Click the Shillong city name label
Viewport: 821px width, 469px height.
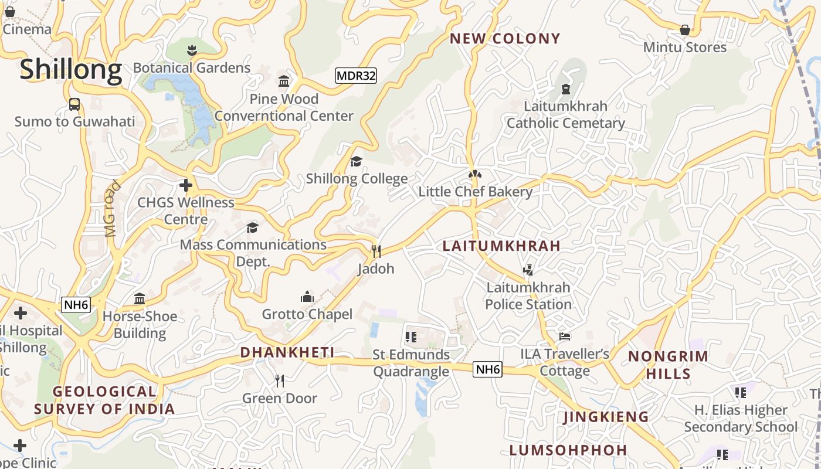point(71,70)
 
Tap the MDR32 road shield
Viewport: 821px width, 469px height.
point(356,76)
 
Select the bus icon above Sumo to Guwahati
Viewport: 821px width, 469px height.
point(74,104)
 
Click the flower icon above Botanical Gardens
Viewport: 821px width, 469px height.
point(192,50)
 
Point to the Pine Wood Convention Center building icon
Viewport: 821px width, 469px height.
point(284,81)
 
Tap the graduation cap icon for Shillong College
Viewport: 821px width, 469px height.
point(356,161)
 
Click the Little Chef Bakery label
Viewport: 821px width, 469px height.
point(475,192)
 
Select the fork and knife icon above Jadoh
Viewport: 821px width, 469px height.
point(376,252)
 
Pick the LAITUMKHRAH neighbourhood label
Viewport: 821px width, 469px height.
point(501,246)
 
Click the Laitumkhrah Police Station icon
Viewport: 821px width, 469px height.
point(528,270)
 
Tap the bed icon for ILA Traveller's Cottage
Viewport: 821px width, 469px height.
point(564,337)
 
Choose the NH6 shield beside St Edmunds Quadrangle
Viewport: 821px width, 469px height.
point(488,369)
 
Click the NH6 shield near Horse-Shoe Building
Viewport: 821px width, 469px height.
point(76,304)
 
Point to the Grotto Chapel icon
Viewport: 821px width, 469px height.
point(307,297)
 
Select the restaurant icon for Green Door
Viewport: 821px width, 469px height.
point(280,381)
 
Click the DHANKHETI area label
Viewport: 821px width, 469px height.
point(287,352)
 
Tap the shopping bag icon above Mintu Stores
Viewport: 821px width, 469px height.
point(684,30)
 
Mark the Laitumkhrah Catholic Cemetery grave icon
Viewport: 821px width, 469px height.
point(565,89)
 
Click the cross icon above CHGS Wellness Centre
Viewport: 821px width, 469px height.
point(186,186)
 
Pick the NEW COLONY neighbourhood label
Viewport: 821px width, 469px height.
point(505,39)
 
